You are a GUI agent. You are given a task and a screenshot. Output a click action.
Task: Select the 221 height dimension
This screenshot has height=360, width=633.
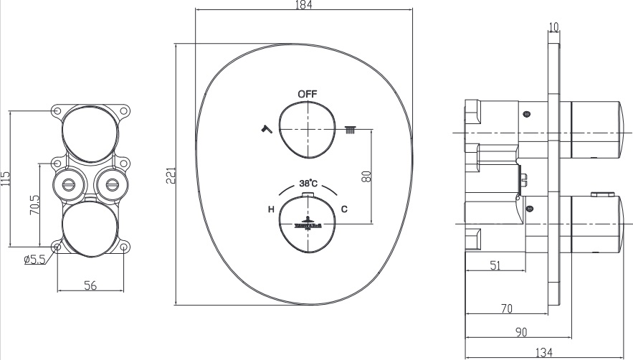171,175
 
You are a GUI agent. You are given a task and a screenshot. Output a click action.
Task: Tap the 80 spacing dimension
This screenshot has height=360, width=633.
366,176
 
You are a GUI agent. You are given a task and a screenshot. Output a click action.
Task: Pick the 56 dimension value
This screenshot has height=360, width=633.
90,285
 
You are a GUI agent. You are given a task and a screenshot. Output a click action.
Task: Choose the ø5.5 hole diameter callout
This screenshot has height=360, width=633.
34,260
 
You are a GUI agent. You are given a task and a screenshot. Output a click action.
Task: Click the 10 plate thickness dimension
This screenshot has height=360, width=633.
553,27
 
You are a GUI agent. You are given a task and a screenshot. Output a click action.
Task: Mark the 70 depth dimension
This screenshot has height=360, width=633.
506,309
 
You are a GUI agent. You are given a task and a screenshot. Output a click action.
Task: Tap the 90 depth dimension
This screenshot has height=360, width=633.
521,332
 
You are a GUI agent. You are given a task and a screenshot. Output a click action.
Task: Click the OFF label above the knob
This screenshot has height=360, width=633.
308,94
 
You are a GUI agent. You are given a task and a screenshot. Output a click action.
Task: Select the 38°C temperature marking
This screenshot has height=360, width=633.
309,182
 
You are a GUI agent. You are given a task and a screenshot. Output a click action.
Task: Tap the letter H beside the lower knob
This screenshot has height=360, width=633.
271,209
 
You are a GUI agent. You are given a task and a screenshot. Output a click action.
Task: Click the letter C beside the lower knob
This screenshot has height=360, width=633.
345,209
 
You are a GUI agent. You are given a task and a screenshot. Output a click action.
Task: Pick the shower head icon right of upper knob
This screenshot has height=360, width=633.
351,130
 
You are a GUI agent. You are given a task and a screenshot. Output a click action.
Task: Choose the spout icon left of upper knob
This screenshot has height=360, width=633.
266,129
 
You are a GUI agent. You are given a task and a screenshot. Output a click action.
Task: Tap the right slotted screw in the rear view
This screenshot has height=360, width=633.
112,184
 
